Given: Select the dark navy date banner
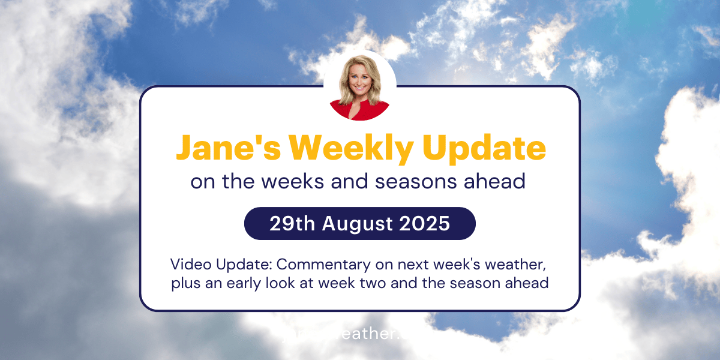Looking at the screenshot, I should pos(359,223).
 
